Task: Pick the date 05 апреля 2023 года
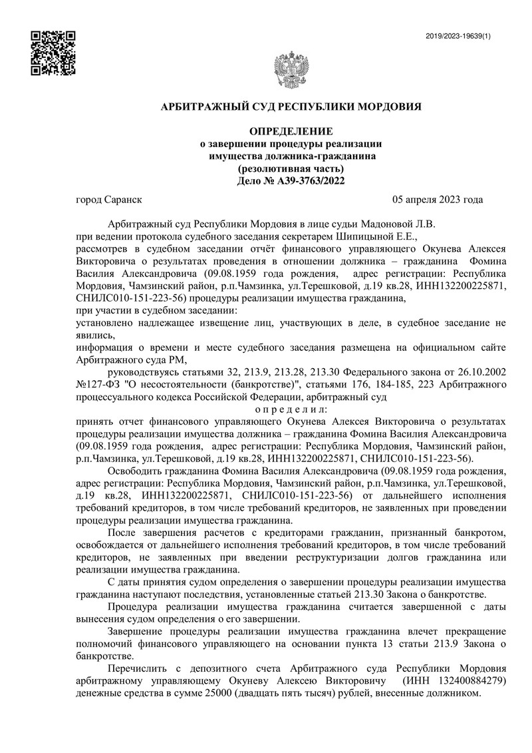(x=438, y=200)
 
